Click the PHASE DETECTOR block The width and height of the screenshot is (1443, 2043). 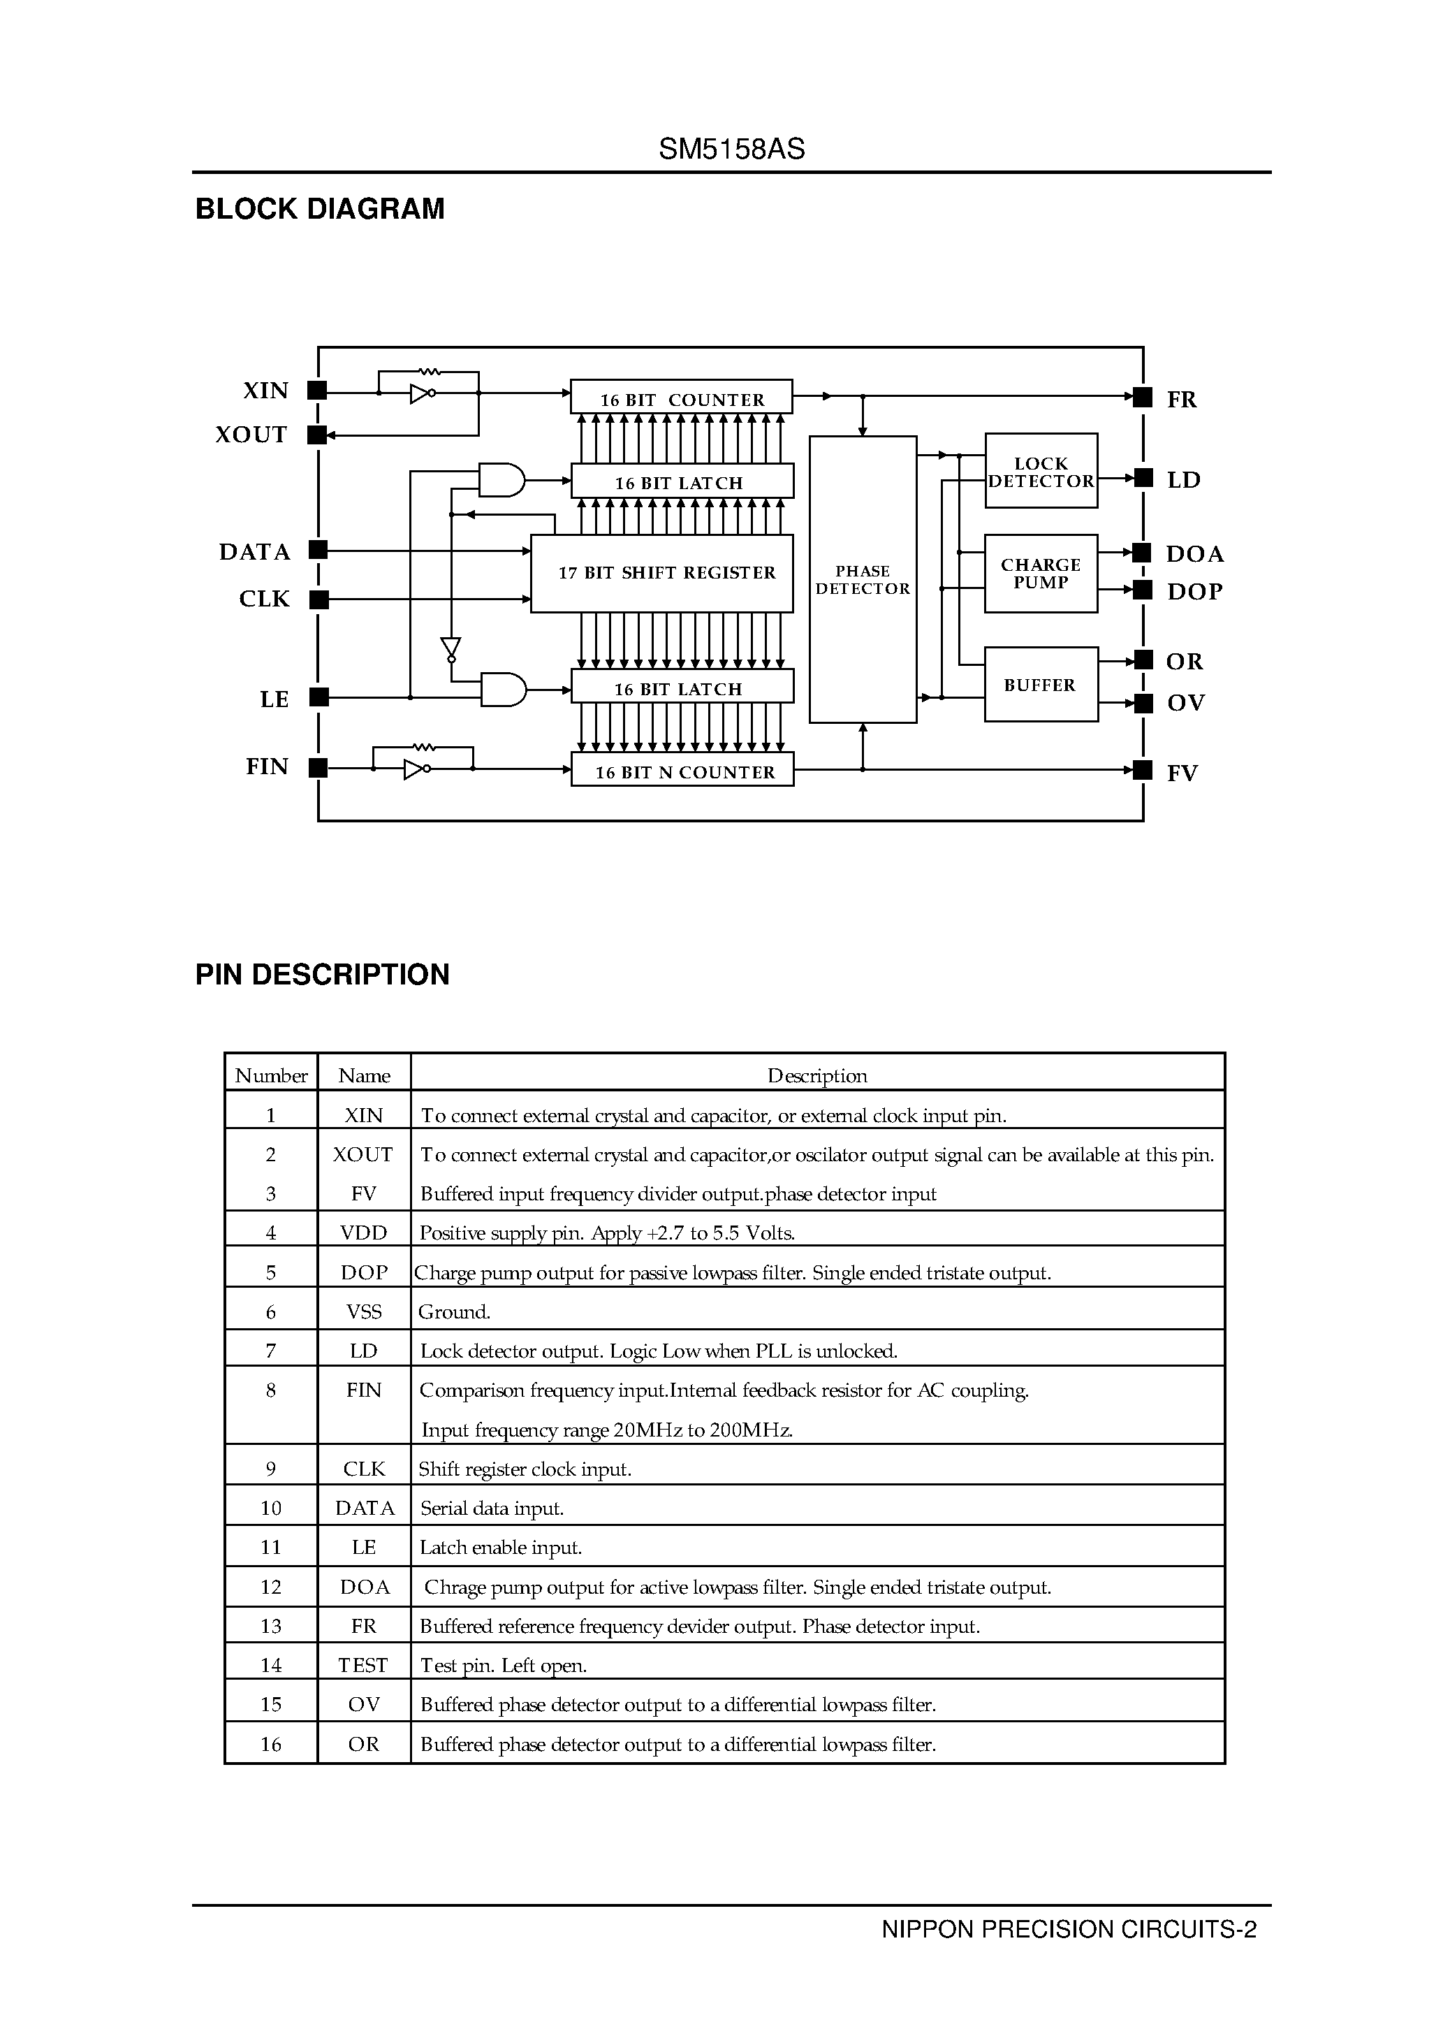tap(862, 579)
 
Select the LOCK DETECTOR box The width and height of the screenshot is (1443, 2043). tap(1041, 471)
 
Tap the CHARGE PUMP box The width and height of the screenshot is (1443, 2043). tap(1041, 573)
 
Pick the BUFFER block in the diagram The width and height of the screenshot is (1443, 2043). tap(1040, 684)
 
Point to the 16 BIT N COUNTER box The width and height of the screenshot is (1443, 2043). tap(682, 771)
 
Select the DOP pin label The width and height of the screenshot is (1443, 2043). tap(1194, 592)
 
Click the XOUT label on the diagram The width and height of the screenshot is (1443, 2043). tap(251, 434)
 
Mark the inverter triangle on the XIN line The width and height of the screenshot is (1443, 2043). tap(420, 393)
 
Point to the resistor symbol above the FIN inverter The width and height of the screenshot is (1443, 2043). tap(425, 748)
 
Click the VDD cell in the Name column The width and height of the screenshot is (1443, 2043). tap(363, 1233)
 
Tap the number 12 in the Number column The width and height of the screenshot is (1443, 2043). tap(270, 1587)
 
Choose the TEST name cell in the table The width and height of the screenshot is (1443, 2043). tap(363, 1665)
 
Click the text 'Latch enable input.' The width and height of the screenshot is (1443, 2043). tap(500, 1548)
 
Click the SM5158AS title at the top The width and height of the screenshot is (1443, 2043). tap(731, 149)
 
